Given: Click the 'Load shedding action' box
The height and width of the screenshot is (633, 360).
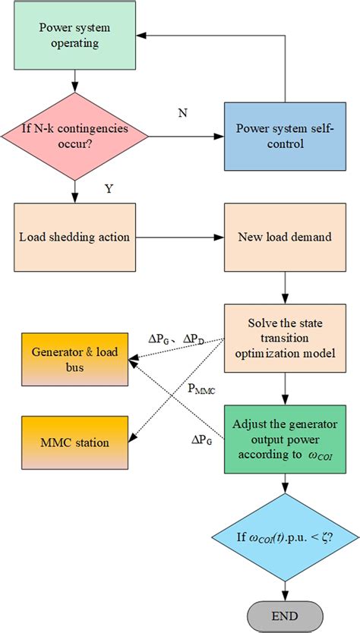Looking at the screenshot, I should point(74,238).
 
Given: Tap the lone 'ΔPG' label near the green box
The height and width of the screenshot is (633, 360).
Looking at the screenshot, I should point(201,439).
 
